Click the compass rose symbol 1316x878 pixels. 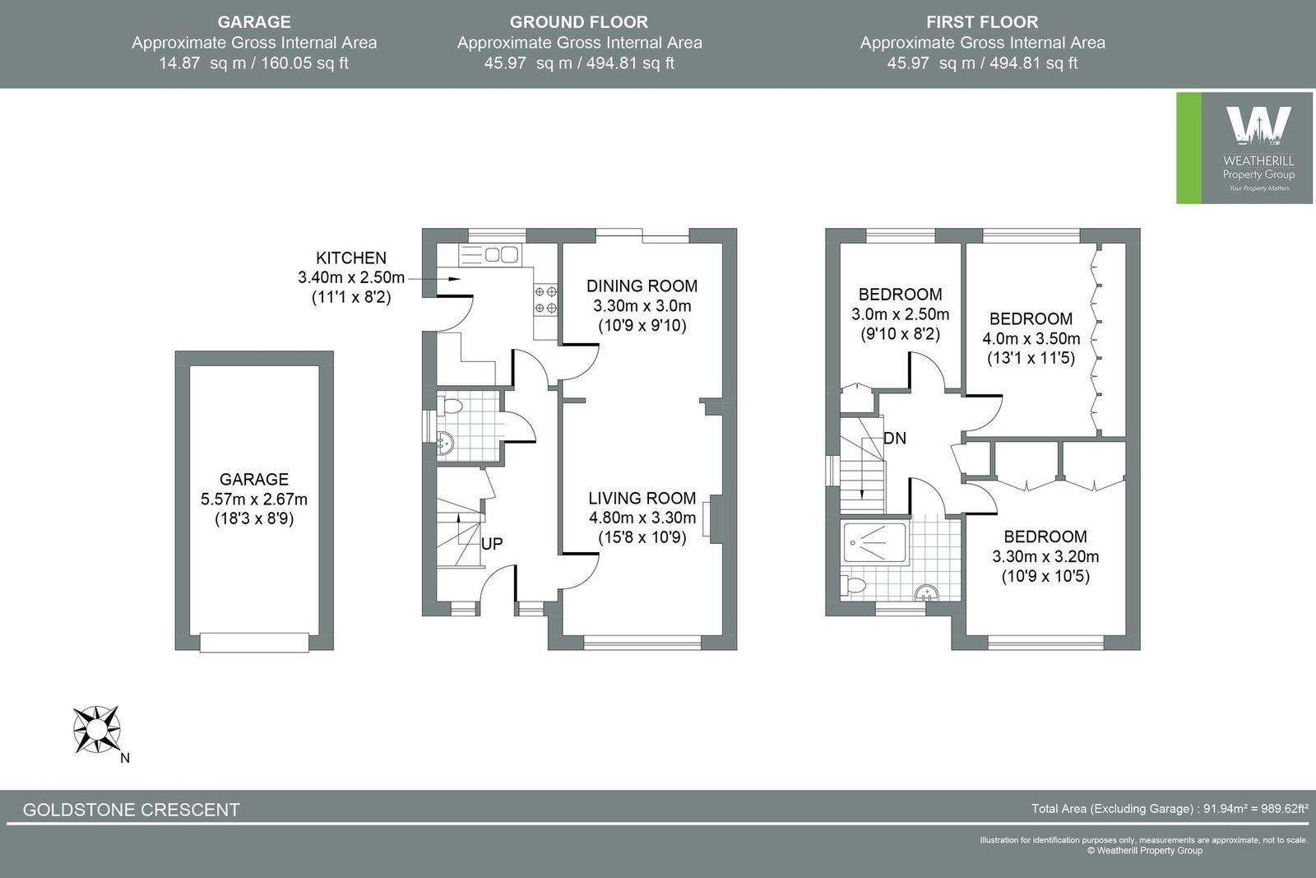point(96,729)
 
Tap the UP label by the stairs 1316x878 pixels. point(492,544)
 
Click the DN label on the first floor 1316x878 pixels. point(895,439)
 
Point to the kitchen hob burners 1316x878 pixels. point(546,300)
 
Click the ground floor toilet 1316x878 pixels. point(451,406)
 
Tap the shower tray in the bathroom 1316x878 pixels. point(874,543)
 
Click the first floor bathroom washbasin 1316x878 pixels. point(927,592)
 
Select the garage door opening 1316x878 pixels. point(254,642)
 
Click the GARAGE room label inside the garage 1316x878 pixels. point(254,479)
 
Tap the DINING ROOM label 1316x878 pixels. point(642,286)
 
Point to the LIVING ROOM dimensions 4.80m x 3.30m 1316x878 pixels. point(642,518)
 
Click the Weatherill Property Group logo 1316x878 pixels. point(1245,148)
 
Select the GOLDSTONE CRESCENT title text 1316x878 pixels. point(132,810)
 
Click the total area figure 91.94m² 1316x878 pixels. point(1226,809)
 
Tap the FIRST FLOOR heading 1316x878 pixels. point(982,22)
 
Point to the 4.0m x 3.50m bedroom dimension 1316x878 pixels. point(1031,338)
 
